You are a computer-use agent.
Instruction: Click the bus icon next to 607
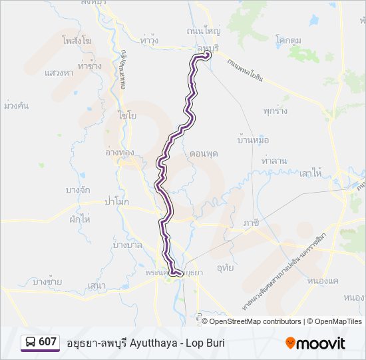(x=31, y=343)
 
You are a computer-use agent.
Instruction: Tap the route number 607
(x=48, y=342)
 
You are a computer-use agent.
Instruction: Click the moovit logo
(x=315, y=343)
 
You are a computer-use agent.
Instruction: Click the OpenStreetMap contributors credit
(x=255, y=321)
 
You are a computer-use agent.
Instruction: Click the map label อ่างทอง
(x=120, y=152)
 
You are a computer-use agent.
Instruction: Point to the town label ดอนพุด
(x=204, y=153)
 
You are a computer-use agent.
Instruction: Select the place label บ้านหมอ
(x=253, y=141)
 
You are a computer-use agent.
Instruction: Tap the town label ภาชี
(x=251, y=223)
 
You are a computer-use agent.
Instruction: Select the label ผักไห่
(x=78, y=219)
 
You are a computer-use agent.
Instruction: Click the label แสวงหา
(x=59, y=72)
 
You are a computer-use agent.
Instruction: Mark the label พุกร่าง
(x=275, y=111)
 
